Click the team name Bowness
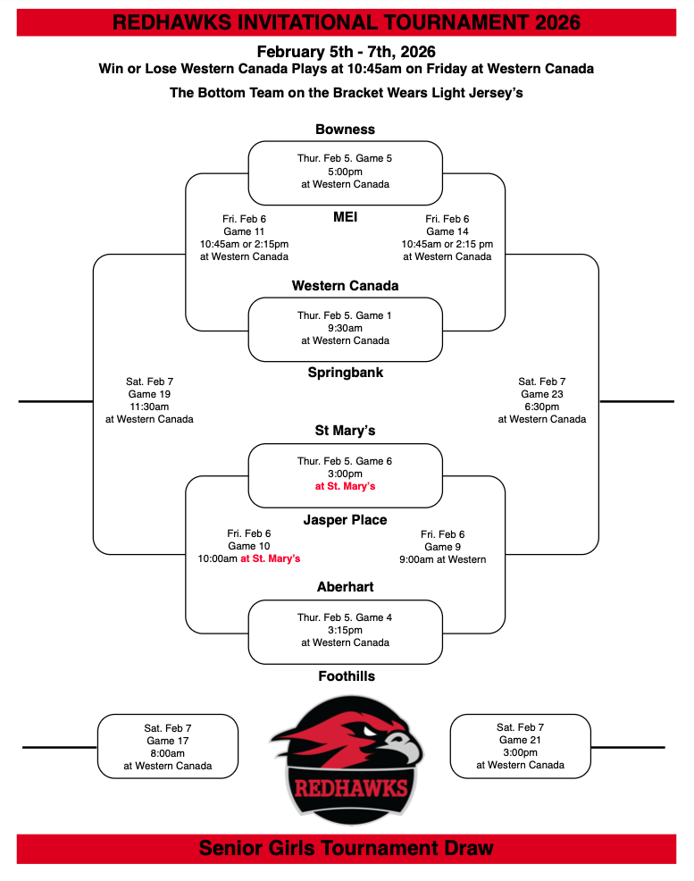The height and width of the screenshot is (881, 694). coord(345,130)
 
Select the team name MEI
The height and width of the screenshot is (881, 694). coord(345,215)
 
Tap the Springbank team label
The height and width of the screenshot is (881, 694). coord(345,372)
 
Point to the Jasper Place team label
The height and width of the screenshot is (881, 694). coord(345,520)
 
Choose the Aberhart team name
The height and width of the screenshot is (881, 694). coord(345,587)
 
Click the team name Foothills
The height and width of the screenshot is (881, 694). coord(346,676)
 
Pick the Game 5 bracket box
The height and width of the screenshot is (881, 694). coord(345,172)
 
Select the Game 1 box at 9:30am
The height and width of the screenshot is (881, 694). coord(345,328)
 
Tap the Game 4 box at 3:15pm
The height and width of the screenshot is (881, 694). coord(345,630)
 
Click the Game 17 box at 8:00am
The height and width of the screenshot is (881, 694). coord(168,746)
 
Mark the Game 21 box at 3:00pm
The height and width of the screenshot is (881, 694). coord(520,746)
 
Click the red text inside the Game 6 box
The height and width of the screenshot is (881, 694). coord(345,486)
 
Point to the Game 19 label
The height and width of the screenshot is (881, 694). coord(149,394)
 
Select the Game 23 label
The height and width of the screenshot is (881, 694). coord(542,394)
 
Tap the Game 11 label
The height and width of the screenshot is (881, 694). coord(244,231)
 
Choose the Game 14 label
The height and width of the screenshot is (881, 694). coord(447,231)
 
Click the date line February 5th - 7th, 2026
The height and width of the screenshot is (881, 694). coord(346,52)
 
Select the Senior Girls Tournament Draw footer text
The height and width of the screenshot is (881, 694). coord(346,848)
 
